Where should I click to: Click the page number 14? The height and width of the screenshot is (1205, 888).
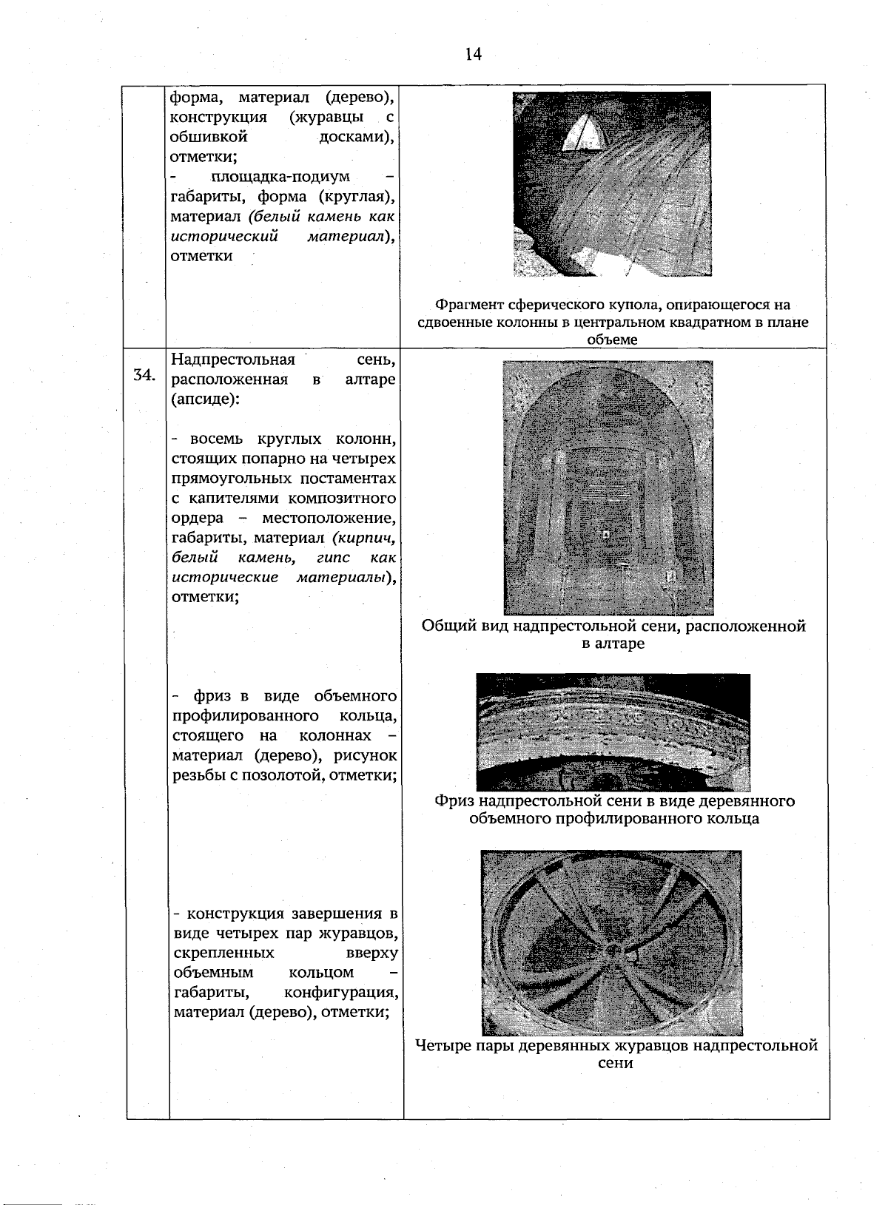point(474,54)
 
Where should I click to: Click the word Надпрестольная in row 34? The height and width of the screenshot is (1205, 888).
point(232,360)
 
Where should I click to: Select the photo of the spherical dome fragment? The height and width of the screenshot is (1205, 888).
point(611,184)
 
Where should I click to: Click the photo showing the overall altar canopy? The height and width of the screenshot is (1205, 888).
point(608,487)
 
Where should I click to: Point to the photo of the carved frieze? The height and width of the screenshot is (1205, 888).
point(613,732)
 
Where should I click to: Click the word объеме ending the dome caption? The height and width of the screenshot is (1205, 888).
point(611,340)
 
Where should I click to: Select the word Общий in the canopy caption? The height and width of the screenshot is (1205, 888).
point(445,627)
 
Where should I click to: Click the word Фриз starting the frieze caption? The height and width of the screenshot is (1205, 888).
point(453,801)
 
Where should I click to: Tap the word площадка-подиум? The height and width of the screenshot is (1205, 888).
point(280,177)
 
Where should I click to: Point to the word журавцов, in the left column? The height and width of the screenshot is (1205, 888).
point(357,932)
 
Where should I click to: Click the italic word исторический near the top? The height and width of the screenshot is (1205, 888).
point(224,237)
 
